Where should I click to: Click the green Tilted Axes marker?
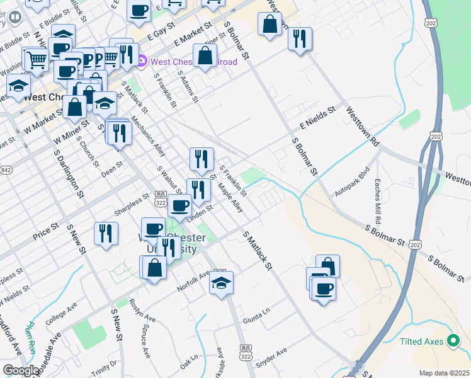pos(453,341)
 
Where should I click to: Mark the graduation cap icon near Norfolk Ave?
pos(221,283)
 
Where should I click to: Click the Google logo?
pos(20,370)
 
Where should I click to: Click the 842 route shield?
pos(6,171)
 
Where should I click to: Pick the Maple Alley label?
pos(230,197)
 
